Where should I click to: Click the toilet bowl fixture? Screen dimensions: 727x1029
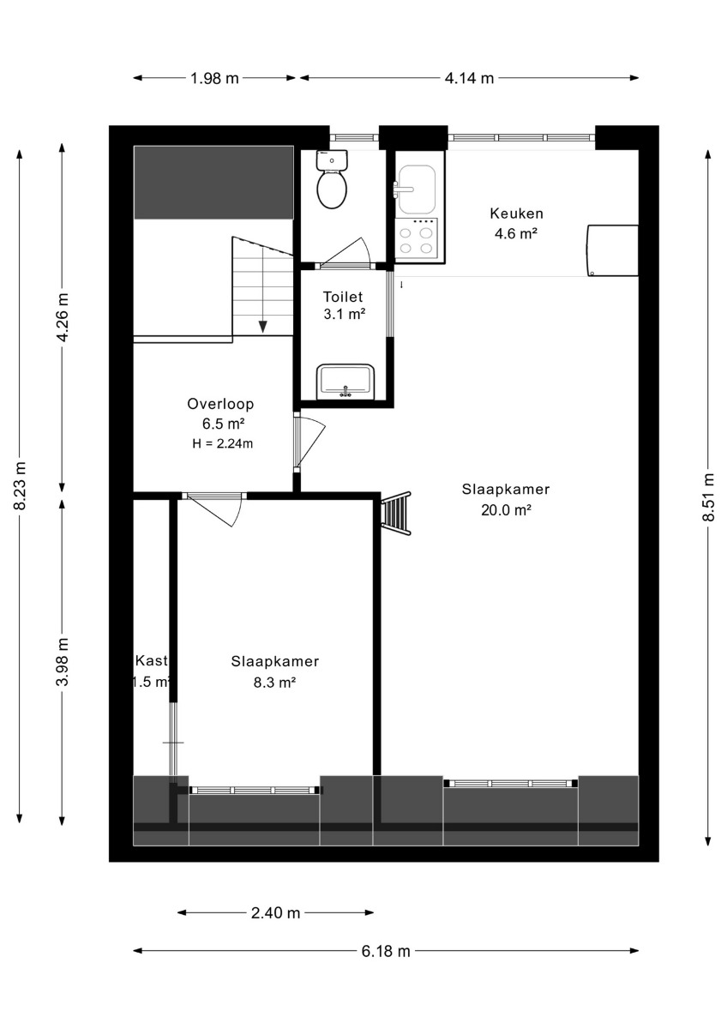click(x=332, y=180)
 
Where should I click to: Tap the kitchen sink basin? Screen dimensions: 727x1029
click(x=416, y=190)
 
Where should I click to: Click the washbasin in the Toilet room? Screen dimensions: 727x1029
click(x=345, y=381)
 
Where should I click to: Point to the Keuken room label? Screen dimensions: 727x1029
click(x=517, y=214)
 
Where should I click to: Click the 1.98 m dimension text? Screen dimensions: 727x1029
click(x=215, y=79)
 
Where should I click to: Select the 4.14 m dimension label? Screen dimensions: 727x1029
click(x=469, y=79)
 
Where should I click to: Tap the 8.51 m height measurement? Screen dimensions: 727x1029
click(x=709, y=497)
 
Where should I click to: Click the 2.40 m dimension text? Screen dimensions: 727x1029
click(x=275, y=912)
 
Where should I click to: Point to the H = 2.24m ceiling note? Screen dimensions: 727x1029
click(x=223, y=444)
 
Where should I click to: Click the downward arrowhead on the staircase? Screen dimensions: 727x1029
click(x=262, y=327)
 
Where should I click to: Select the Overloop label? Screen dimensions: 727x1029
click(x=220, y=404)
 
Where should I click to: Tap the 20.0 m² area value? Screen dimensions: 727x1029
click(x=507, y=510)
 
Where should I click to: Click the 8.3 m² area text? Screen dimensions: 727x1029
click(x=274, y=683)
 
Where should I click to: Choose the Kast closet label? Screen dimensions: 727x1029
click(x=152, y=661)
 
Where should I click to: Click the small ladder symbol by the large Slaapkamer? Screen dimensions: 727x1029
click(x=396, y=514)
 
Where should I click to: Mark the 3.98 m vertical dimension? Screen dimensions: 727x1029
click(x=63, y=662)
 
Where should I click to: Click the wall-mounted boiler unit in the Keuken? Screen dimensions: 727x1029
click(x=612, y=250)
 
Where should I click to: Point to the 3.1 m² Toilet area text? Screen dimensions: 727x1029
click(x=345, y=315)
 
